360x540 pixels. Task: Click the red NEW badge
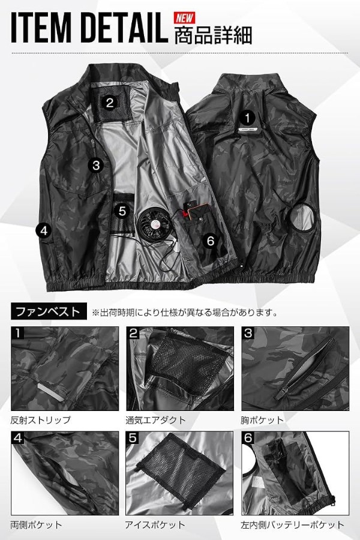184,17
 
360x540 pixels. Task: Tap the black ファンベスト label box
49,311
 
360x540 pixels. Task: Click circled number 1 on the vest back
247,118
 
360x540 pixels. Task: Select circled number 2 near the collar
110,103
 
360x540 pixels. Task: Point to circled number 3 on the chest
96,166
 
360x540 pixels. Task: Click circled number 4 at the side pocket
44,230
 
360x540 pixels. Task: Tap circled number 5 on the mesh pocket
122,211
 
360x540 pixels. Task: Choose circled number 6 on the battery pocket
211,241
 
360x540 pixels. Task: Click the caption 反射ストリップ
41,420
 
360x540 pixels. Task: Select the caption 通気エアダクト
155,420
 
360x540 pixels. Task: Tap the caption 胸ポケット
262,420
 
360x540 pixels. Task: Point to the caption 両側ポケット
36,525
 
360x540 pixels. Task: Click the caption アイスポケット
155,525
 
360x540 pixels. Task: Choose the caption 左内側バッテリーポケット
292,525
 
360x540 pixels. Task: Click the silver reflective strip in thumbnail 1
50,391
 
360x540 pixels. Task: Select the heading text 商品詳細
213,35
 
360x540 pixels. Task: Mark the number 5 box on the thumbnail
133,438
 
